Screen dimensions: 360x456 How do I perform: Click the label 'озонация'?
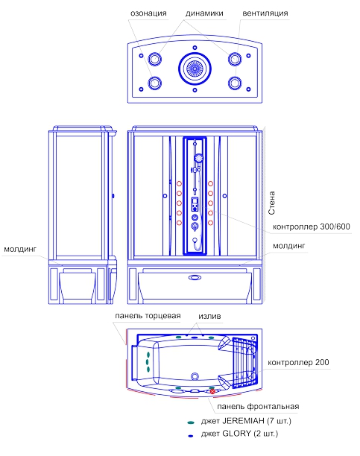(x=148, y=13)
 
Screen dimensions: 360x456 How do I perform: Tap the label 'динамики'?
(x=204, y=13)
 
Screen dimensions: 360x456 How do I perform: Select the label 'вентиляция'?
(x=265, y=13)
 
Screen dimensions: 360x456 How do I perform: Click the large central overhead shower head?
(x=195, y=69)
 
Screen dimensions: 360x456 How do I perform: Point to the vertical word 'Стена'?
(x=271, y=203)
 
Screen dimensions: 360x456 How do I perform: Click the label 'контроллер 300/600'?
(x=312, y=227)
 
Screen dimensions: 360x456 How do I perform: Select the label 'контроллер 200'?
(x=298, y=362)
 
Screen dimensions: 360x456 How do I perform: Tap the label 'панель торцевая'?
(x=148, y=316)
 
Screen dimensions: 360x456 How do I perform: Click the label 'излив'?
(x=209, y=316)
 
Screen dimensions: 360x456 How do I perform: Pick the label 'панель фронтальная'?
(x=258, y=406)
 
